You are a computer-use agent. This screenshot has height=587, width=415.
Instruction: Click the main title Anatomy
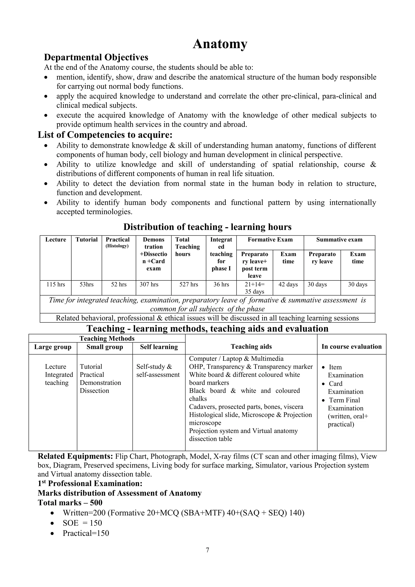pos(220,44)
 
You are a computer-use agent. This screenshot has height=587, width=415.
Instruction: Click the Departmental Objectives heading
pos(96,57)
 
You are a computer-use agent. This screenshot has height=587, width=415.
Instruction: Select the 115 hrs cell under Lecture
pos(56,284)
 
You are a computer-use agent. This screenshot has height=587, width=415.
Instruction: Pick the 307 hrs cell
pos(149,284)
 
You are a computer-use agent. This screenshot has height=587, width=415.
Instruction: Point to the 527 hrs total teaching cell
pos(189,284)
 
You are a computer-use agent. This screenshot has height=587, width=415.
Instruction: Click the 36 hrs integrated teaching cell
pos(221,284)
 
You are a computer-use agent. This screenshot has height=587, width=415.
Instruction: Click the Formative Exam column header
pos(270,239)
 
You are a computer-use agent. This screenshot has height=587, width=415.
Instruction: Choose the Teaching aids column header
pos(251,347)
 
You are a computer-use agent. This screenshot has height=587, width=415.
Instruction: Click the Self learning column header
pos(159,347)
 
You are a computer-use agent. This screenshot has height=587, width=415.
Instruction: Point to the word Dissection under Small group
pos(94,391)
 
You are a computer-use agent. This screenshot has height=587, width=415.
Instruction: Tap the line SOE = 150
pos(82,523)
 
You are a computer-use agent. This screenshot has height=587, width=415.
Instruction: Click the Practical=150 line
pos(86,533)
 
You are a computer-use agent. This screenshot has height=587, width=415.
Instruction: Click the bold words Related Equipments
pos(75,456)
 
